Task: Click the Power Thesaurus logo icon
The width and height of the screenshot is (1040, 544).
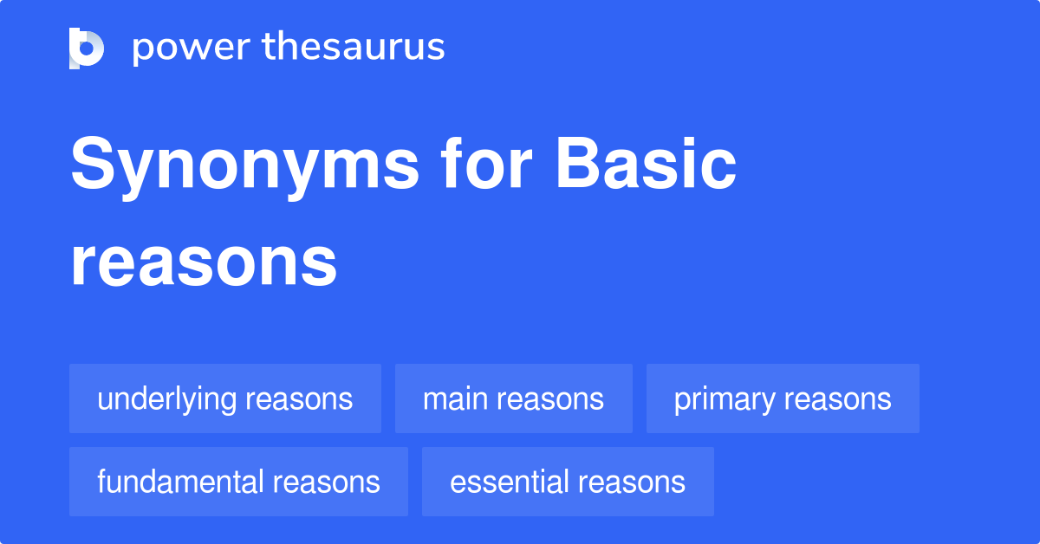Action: (x=87, y=48)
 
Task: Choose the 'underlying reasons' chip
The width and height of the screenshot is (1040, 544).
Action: (x=225, y=398)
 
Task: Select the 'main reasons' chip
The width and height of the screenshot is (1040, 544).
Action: (x=513, y=398)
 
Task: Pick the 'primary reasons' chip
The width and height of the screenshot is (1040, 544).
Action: (x=783, y=398)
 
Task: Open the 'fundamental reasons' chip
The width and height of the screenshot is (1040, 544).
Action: (x=238, y=482)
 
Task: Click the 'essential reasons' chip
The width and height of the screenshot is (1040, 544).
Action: (x=568, y=482)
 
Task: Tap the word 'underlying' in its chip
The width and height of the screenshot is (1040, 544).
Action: (x=166, y=399)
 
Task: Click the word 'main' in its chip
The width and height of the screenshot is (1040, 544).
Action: (x=451, y=398)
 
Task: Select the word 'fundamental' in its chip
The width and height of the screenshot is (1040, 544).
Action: (x=179, y=482)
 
